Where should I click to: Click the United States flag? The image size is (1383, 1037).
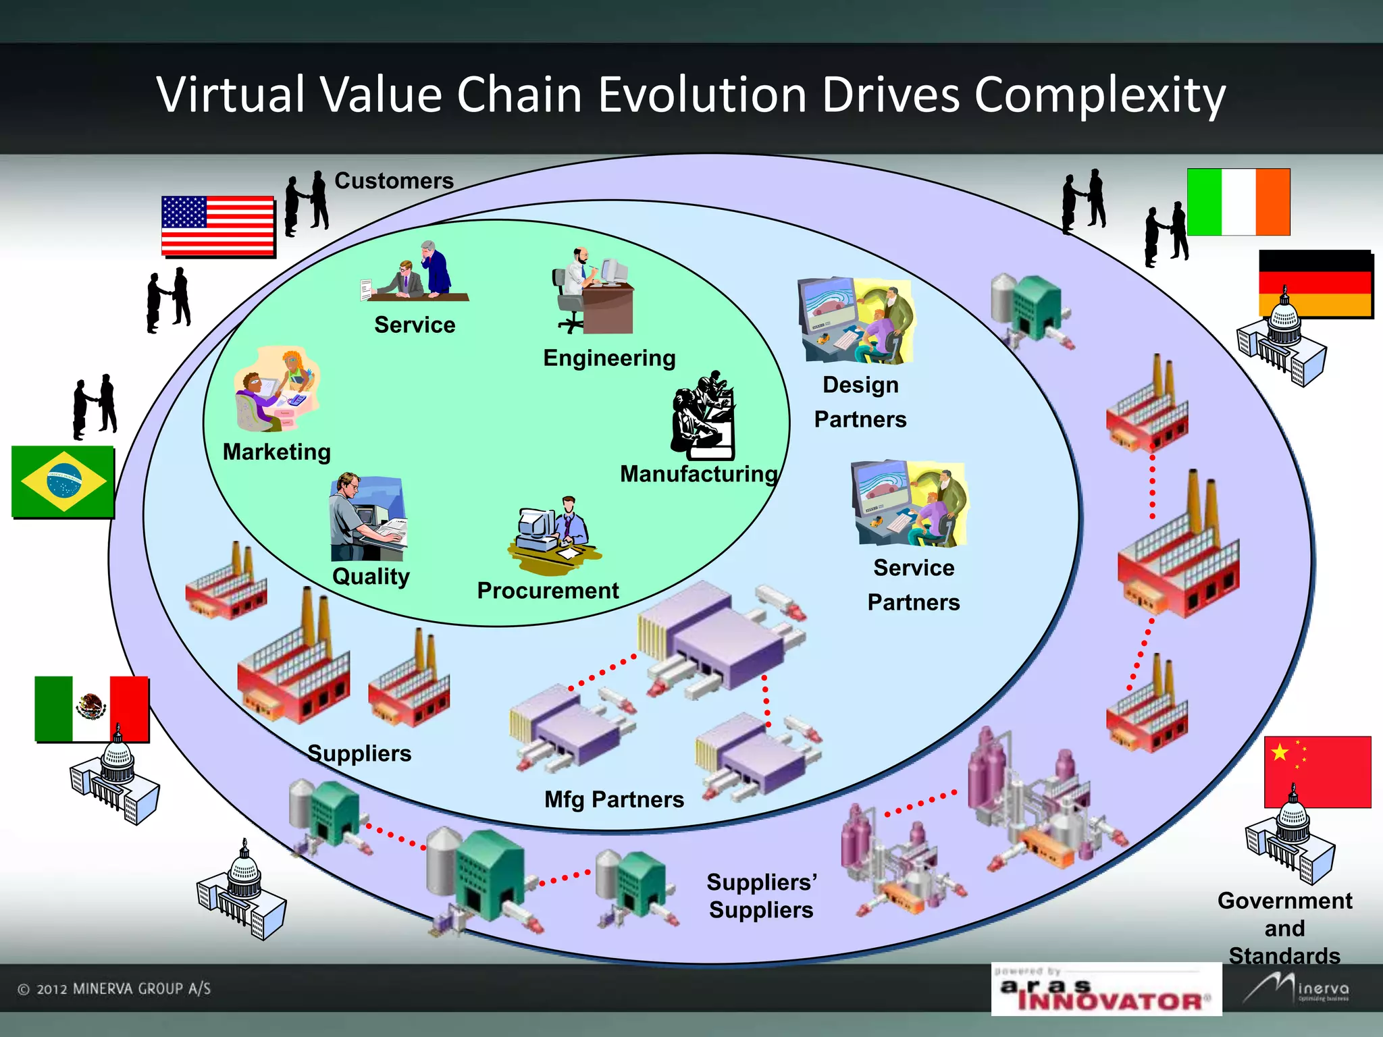(x=217, y=225)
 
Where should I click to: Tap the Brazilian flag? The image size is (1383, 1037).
(x=63, y=481)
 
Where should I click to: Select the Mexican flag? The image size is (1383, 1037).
(x=91, y=708)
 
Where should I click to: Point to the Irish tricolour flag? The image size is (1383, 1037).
(x=1238, y=202)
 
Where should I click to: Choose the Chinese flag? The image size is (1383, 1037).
(x=1317, y=771)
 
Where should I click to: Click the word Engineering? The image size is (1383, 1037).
(x=609, y=358)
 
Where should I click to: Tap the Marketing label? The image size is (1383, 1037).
(x=277, y=452)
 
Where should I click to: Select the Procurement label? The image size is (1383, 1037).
(x=548, y=591)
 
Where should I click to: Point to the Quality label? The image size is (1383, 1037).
(x=371, y=577)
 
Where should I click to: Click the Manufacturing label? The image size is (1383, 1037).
(x=699, y=474)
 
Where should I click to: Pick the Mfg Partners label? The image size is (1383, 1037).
(x=614, y=799)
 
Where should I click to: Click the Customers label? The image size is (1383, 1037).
(x=394, y=181)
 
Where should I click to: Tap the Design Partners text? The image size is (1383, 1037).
(x=860, y=402)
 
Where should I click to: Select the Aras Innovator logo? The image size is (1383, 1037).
(x=1106, y=990)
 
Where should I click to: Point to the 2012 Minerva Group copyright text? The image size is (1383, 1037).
(x=114, y=989)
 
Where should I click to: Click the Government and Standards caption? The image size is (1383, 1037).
(x=1284, y=928)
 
